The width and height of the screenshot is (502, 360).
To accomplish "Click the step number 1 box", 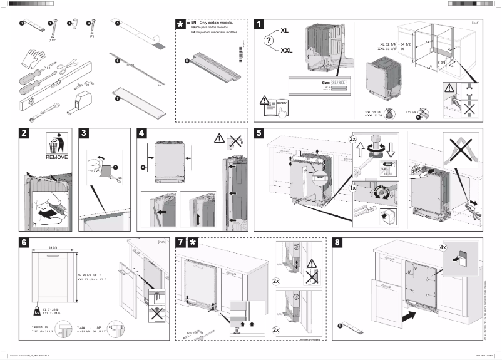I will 260,24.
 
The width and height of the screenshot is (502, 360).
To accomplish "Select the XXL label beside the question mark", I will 287,51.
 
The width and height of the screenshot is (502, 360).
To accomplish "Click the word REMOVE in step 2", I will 56,158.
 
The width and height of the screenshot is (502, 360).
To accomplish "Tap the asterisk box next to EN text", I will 182,24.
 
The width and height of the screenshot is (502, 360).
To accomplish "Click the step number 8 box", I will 339,242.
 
